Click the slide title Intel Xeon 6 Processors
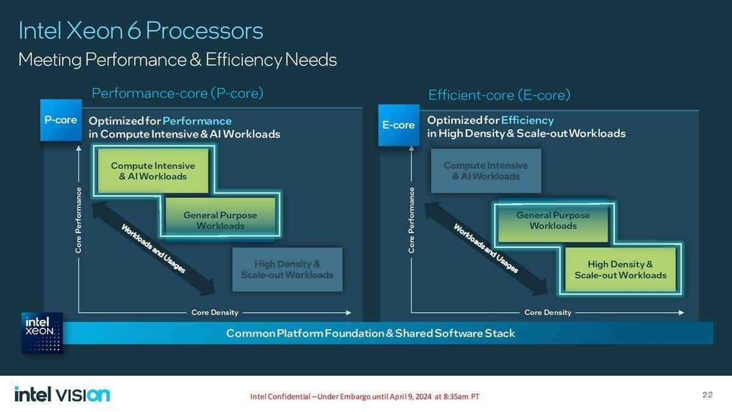point(141,31)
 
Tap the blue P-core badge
point(61,120)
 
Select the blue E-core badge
point(398,125)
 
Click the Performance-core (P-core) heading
point(178,93)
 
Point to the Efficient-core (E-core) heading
point(499,95)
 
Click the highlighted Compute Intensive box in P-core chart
point(153,171)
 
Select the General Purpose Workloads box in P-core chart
point(220,220)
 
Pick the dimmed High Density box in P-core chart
point(287,269)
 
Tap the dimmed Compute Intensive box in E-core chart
point(486,171)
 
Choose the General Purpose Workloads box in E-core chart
point(553,220)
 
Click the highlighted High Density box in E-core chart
point(620,269)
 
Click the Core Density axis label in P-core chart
point(215,313)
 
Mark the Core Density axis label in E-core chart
point(548,313)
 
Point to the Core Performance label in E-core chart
point(412,221)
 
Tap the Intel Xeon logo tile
point(42,333)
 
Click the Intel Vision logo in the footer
point(62,395)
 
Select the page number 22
point(707,395)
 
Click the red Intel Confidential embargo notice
point(365,397)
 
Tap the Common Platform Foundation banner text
point(370,333)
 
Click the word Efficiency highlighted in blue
point(527,120)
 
